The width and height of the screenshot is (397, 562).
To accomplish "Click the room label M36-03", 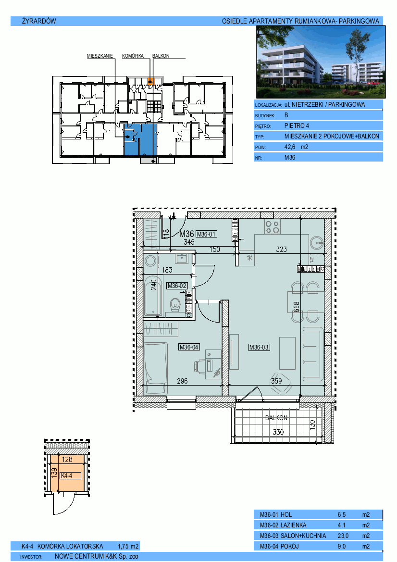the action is point(259,347).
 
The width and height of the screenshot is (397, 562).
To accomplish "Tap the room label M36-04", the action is point(189,347).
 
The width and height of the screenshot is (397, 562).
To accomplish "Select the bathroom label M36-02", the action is point(177,286).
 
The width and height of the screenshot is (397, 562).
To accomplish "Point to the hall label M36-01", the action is point(206,234).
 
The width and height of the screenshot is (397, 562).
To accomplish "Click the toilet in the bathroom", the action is point(175,305).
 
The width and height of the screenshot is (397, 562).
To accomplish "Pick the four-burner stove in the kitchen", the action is point(273,226).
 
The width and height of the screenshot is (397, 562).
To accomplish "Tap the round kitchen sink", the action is point(317,243).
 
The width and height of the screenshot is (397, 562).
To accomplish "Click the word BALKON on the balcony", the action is point(276,418).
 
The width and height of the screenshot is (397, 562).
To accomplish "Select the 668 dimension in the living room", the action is point(297,307).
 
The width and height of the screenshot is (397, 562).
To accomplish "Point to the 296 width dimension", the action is point(182,381).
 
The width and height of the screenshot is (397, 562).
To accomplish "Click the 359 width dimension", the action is point(276,381).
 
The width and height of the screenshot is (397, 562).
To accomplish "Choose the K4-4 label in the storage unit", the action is point(67,475).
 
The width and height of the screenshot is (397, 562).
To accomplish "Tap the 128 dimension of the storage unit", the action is point(67,460).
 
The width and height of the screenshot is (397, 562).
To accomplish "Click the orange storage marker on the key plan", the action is point(151,81).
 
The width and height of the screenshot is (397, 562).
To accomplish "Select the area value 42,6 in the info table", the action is point(290,147).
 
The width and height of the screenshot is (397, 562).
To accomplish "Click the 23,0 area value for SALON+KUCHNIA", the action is point(343,536).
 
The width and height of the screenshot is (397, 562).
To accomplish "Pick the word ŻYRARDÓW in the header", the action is point(39,21).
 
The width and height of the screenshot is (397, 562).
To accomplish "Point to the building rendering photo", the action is point(321,62).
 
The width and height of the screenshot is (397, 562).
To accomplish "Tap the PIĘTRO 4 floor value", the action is point(297,126).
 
